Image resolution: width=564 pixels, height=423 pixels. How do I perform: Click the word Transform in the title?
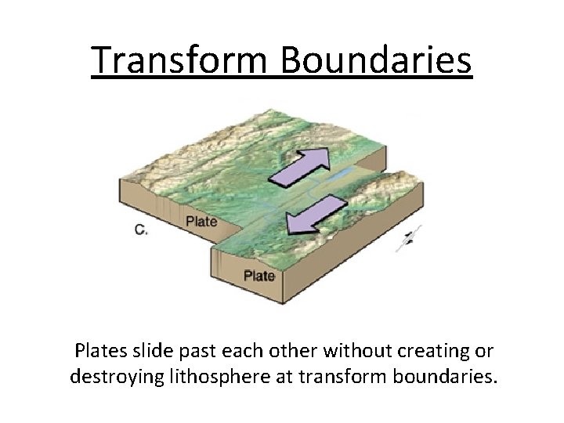pyautogui.click(x=179, y=60)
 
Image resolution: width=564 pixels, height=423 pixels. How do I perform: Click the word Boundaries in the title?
pyautogui.click(x=374, y=60)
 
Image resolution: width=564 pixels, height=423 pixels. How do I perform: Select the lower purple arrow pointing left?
pyautogui.click(x=316, y=215)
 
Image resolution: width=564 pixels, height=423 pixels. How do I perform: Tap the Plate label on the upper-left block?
pyautogui.click(x=201, y=222)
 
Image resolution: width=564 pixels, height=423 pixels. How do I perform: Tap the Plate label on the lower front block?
pyautogui.click(x=258, y=276)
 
